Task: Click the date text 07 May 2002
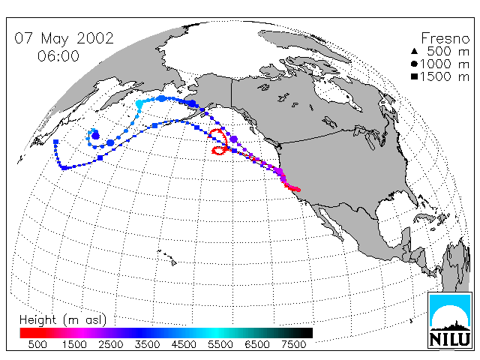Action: (x=64, y=38)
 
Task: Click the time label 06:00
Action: (x=58, y=56)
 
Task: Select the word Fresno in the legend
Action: (x=445, y=38)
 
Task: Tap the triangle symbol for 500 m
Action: (x=414, y=52)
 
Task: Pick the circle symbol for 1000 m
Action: (x=414, y=64)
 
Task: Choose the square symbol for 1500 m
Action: (x=414, y=76)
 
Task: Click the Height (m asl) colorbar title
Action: (x=63, y=320)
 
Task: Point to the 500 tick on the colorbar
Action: (x=37, y=344)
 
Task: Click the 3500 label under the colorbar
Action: (x=147, y=344)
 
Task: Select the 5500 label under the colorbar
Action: (x=220, y=344)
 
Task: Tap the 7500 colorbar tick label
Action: (x=293, y=344)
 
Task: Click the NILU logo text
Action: (x=450, y=339)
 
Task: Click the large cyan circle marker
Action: (x=139, y=103)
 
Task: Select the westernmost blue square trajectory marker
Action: (x=55, y=142)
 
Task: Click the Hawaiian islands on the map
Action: (x=168, y=257)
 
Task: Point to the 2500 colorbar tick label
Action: (x=111, y=344)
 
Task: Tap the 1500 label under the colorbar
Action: (x=74, y=344)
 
